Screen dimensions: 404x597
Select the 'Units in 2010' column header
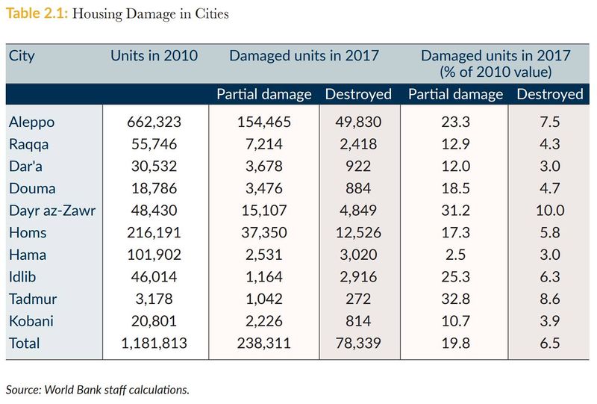pos(154,56)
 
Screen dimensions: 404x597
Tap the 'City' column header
pos(22,56)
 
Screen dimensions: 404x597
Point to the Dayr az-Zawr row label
pos(51,210)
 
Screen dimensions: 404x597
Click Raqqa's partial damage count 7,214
pos(264,143)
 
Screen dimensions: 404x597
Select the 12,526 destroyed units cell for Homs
pos(358,232)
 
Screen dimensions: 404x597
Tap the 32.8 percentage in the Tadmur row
pos(455,299)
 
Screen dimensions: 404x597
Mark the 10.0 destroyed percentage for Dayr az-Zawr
pos(549,210)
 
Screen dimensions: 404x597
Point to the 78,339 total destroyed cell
pos(358,344)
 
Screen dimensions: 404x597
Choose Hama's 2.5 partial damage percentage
pos(455,255)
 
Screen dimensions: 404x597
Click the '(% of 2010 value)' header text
pos(496,72)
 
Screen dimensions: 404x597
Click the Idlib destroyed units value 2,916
pos(358,277)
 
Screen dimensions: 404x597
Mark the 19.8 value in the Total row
pos(455,344)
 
